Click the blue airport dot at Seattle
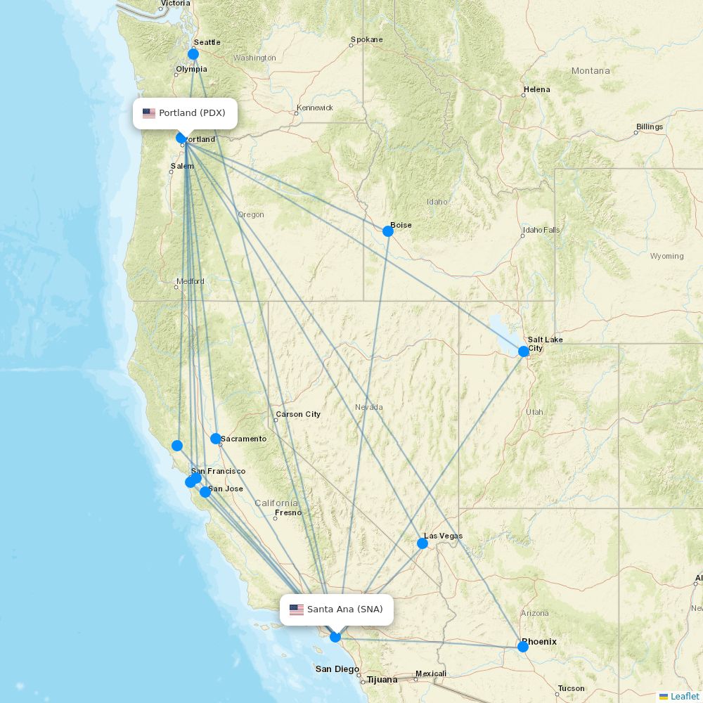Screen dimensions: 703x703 [193, 54]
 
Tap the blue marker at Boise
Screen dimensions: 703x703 [387, 231]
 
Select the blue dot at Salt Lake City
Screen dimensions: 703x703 [524, 351]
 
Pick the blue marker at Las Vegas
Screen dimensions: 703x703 [423, 543]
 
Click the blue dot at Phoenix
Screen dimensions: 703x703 [523, 647]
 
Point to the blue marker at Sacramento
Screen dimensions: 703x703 [216, 439]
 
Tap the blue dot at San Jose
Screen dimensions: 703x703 [205, 492]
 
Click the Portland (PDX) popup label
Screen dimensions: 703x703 [185, 113]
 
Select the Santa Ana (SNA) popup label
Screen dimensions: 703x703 [337, 610]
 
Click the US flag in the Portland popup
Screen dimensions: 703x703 [149, 113]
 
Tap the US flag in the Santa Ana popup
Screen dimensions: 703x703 [297, 610]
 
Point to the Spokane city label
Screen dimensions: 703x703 [366, 40]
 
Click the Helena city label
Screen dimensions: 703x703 [537, 89]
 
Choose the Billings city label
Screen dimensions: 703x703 [650, 127]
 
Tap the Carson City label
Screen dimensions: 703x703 [298, 414]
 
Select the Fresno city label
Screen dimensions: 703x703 [288, 512]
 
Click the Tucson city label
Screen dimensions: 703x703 [571, 688]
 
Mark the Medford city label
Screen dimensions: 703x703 [191, 281]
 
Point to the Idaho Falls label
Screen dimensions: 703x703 [541, 230]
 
